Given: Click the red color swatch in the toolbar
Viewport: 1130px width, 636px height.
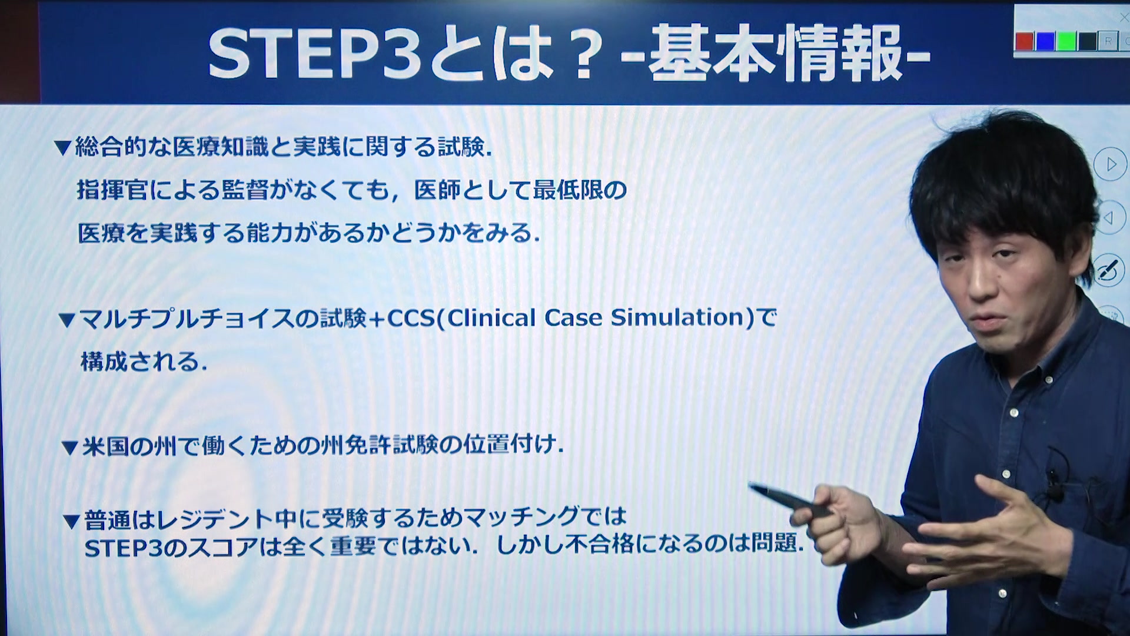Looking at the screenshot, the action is [x=1025, y=41].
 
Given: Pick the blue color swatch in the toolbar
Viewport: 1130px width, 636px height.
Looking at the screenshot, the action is [x=1045, y=41].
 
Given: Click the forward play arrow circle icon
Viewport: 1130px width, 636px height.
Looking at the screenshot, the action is [x=1110, y=164].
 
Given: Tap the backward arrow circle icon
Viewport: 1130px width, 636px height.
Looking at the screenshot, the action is [x=1111, y=218].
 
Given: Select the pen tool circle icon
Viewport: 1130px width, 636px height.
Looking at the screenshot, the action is [x=1109, y=271].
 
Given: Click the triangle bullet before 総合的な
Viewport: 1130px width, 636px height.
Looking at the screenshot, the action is [x=62, y=148].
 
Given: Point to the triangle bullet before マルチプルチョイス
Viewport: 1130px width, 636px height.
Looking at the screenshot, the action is [x=67, y=320].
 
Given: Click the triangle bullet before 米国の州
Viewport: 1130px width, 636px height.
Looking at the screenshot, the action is [x=70, y=449].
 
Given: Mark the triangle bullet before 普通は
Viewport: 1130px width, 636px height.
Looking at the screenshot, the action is [x=72, y=522].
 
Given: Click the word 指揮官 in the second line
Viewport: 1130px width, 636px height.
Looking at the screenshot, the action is [x=112, y=190].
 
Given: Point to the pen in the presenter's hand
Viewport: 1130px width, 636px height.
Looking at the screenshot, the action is [x=789, y=501].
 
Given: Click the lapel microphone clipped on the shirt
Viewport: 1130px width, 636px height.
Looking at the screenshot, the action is [x=1053, y=483].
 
